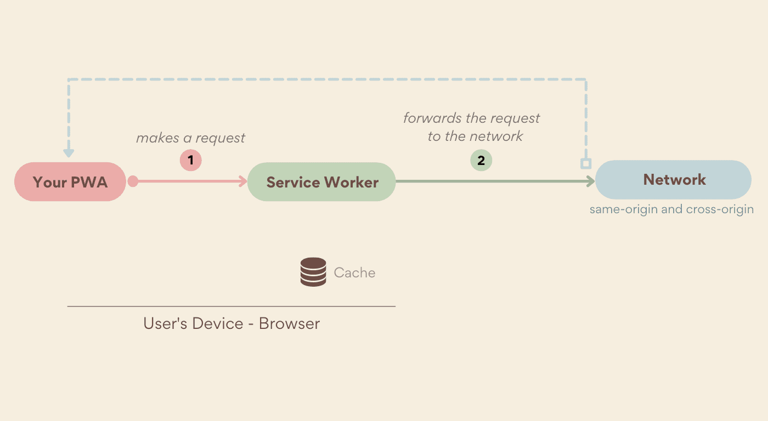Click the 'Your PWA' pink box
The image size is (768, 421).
coord(70,182)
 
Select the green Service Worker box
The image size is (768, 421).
coord(321,182)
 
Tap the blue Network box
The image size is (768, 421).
coord(674,180)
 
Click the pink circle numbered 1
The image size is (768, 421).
coord(191,161)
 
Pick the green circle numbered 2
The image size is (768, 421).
coord(481,161)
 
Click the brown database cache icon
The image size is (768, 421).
coord(313,272)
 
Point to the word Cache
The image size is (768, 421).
coord(354,272)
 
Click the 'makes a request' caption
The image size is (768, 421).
coord(190,138)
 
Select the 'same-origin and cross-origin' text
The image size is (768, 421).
coord(671,209)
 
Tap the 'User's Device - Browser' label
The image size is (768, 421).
coord(231,323)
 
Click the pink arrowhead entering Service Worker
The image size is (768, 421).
coord(243,181)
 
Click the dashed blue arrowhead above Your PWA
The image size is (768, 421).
coord(69,152)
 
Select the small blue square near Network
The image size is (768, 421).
coord(586,163)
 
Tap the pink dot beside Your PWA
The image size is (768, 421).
coord(133,181)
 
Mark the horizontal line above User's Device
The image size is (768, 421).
coord(231,306)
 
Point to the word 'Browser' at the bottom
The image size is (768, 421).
coord(289,323)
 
